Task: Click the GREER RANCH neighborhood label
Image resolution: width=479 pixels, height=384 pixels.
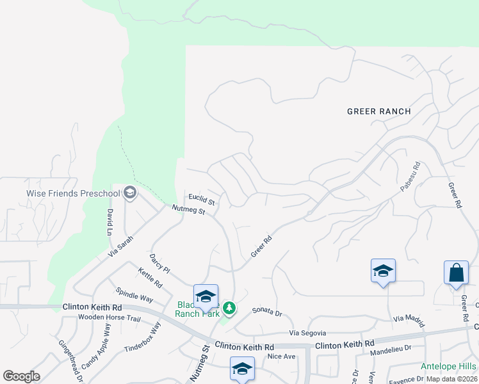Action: [378, 111]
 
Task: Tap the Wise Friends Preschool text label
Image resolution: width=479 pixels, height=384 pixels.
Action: [73, 193]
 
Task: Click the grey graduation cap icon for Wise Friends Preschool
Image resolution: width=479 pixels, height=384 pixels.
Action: [130, 193]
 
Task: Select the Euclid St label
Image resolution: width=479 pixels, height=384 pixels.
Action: [200, 199]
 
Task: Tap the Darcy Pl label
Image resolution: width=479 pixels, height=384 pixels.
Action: [159, 263]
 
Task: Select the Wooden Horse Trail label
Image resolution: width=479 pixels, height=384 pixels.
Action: [109, 317]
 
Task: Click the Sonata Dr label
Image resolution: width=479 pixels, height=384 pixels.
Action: [267, 313]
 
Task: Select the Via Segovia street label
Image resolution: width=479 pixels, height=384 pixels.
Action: [307, 333]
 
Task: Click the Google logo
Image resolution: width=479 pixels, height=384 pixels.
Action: [21, 376]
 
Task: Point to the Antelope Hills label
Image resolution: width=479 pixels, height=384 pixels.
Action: [448, 367]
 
